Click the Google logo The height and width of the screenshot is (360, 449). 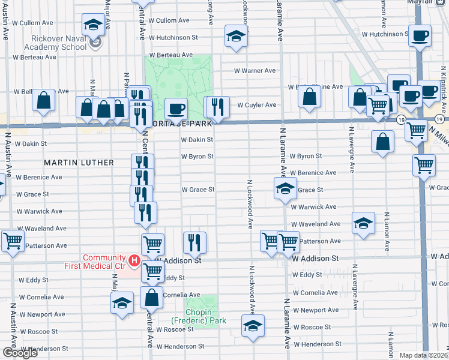coord(20,353)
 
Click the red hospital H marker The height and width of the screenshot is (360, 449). coord(134,260)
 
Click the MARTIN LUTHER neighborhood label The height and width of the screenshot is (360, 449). coord(79,163)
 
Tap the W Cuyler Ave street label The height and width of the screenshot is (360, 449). coord(256,105)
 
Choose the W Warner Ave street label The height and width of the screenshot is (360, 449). coord(255,71)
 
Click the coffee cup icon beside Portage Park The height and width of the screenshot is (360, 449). coord(176,109)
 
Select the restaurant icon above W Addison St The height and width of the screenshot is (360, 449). coord(194,242)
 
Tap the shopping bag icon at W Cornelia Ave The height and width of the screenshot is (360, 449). coord(152,296)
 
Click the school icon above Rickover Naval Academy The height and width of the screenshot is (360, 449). coord(92,24)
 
